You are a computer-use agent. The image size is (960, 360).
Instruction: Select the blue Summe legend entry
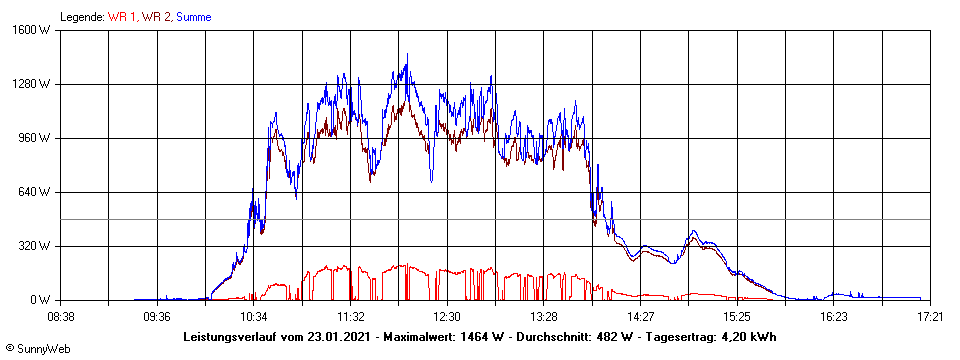pos(193,17)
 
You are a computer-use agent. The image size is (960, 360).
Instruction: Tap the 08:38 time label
pos(61,316)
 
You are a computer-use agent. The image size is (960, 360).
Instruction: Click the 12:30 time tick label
pos(447,316)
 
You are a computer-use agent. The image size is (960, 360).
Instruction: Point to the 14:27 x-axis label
pos(641,316)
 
